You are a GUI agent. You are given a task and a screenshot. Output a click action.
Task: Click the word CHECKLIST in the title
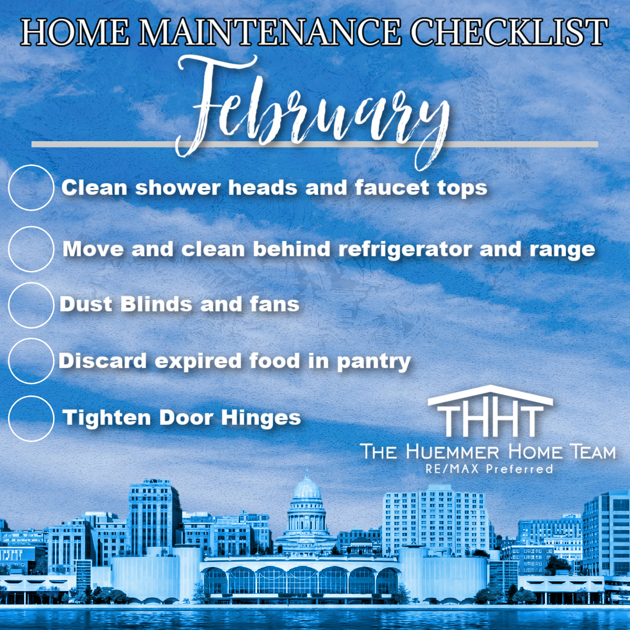pyautogui.click(x=509, y=32)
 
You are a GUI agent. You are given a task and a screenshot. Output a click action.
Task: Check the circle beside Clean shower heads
pyautogui.click(x=31, y=165)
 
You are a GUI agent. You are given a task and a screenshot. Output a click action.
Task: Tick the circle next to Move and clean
pyautogui.click(x=31, y=227)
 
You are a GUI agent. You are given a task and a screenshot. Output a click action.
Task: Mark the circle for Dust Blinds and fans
pyautogui.click(x=31, y=283)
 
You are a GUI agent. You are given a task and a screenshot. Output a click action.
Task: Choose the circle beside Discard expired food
pyautogui.click(x=31, y=339)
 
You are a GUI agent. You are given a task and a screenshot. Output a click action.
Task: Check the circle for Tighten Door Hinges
pyautogui.click(x=31, y=396)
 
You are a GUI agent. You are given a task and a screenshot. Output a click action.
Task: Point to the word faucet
pyautogui.click(x=392, y=188)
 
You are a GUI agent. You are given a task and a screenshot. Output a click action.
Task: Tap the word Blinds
pyautogui.click(x=156, y=304)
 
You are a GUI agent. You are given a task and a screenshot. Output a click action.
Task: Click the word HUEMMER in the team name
pyautogui.click(x=453, y=453)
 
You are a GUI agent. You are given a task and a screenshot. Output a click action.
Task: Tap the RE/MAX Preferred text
pyautogui.click(x=489, y=469)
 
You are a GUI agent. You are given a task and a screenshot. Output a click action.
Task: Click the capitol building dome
pyautogui.click(x=307, y=490)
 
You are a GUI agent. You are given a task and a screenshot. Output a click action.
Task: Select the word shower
pyautogui.click(x=177, y=188)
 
